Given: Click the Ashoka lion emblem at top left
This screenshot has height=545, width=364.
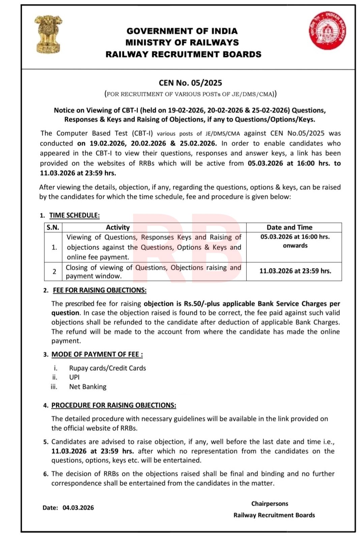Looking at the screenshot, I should click(x=48, y=34).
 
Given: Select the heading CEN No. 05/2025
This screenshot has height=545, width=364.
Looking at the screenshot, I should click(x=190, y=83).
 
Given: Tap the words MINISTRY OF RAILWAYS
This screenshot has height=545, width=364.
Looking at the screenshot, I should click(x=182, y=43).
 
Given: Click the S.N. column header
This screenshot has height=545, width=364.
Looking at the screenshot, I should click(x=53, y=227).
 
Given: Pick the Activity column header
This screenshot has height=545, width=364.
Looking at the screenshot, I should click(x=118, y=227).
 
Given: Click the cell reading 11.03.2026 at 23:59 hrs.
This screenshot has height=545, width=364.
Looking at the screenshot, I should click(x=295, y=271).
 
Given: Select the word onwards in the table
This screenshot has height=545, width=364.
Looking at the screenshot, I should click(x=295, y=246).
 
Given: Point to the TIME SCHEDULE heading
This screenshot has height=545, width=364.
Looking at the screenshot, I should click(x=74, y=215).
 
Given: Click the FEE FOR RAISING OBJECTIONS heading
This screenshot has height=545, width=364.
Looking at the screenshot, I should click(x=100, y=290).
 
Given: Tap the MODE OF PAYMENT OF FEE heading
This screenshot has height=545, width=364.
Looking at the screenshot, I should click(x=97, y=354).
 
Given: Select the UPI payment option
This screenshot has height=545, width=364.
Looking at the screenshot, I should click(x=74, y=377).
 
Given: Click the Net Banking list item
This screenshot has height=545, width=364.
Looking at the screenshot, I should click(x=88, y=387).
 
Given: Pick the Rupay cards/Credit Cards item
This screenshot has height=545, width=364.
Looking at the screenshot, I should click(x=108, y=368).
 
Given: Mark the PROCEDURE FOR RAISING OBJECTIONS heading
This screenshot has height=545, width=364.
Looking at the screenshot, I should click(x=114, y=405).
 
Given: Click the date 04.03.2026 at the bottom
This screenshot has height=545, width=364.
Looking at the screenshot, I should click(x=78, y=508).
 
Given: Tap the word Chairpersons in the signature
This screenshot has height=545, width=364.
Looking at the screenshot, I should click(x=270, y=503).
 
